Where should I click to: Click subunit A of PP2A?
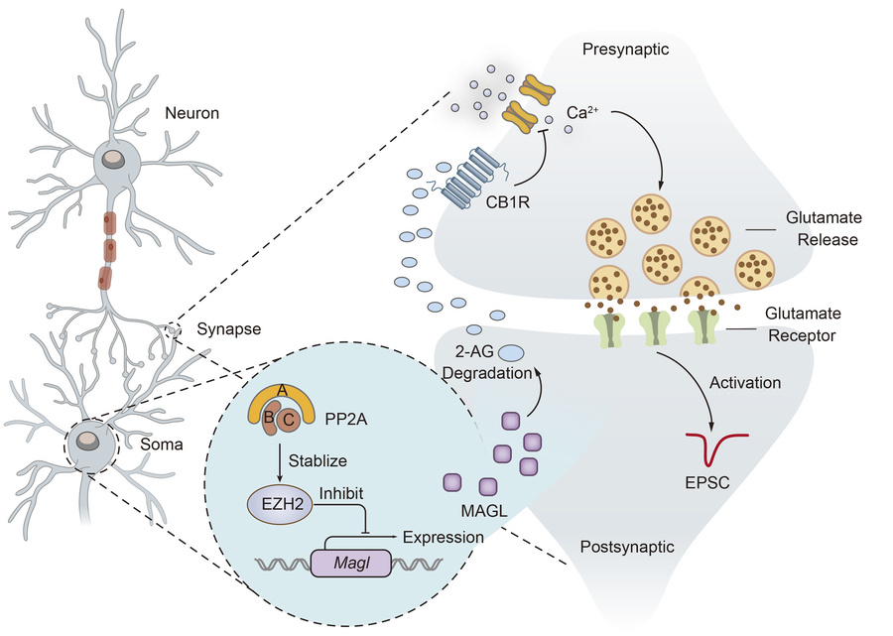[283, 391]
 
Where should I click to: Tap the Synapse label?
[226, 328]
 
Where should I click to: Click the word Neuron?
[193, 113]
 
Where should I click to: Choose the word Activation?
[747, 381]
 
